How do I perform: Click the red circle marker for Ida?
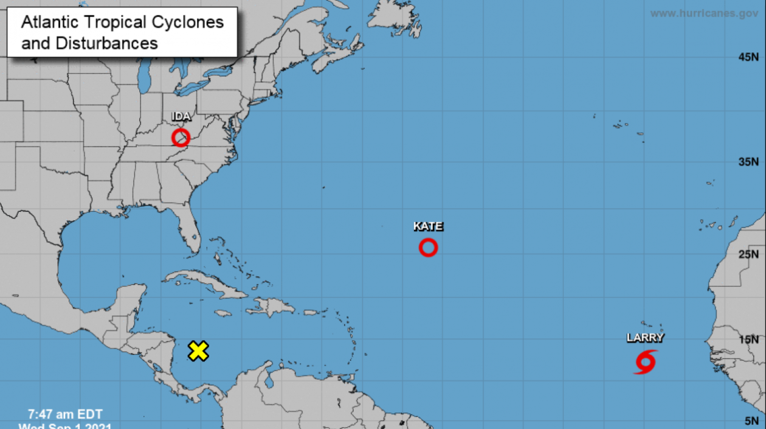click(x=181, y=138)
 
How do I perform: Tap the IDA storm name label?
click(x=181, y=117)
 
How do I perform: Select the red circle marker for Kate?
click(x=428, y=248)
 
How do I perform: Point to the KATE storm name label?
click(x=428, y=226)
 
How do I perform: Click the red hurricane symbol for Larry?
click(x=645, y=361)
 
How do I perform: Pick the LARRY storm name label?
click(x=645, y=338)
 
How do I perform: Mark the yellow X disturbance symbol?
click(x=198, y=351)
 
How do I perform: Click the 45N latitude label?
click(x=748, y=57)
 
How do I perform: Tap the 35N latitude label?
click(x=748, y=161)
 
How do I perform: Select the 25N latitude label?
click(x=748, y=254)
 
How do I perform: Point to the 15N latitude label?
click(x=748, y=340)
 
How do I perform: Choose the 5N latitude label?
click(x=751, y=421)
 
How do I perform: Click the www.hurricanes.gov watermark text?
click(x=704, y=13)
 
